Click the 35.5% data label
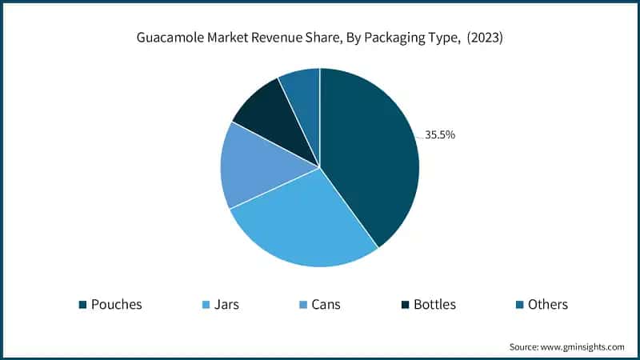point(439,135)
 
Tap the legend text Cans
point(326,304)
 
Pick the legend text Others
point(548,304)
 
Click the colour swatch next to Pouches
point(82,305)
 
